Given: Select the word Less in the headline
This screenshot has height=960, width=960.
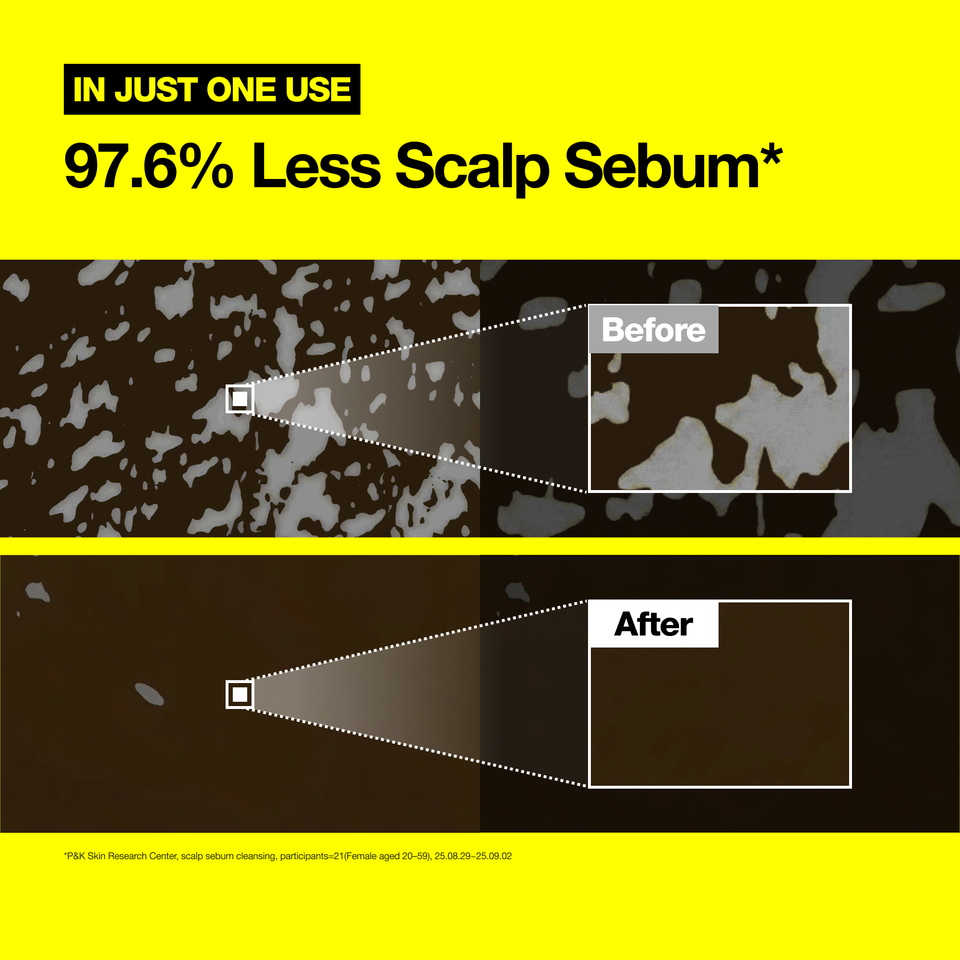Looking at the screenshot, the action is point(316,166).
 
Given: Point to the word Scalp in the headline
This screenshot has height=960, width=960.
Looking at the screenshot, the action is point(472,169).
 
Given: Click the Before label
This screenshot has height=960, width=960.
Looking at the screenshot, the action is point(653,329).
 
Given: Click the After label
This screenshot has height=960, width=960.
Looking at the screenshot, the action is point(653,624).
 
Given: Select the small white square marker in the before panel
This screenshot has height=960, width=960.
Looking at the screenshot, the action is point(240,398).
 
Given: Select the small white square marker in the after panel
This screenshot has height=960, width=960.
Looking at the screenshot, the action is point(240,694).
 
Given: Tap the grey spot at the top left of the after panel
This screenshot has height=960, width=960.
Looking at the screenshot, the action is point(37,591).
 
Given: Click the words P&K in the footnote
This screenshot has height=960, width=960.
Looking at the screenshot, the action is point(76,856).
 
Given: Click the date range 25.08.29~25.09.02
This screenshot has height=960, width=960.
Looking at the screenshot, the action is point(473,856).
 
